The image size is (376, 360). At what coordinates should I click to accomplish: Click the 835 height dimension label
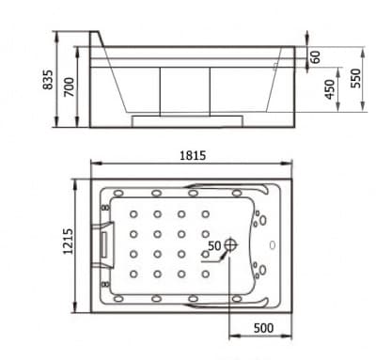click(48, 80)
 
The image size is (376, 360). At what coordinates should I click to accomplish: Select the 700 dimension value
click(70, 86)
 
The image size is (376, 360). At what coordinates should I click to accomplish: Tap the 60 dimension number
click(316, 56)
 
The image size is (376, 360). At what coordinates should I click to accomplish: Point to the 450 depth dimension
click(329, 89)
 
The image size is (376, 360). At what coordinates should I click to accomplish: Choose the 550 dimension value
click(355, 78)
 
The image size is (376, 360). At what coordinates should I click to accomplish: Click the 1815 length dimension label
click(193, 155)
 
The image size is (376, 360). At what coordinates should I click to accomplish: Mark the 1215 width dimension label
click(68, 242)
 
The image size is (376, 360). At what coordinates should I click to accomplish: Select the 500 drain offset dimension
click(263, 328)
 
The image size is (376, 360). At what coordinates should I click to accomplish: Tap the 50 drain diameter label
click(214, 245)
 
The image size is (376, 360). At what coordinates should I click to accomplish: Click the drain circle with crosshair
click(230, 244)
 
